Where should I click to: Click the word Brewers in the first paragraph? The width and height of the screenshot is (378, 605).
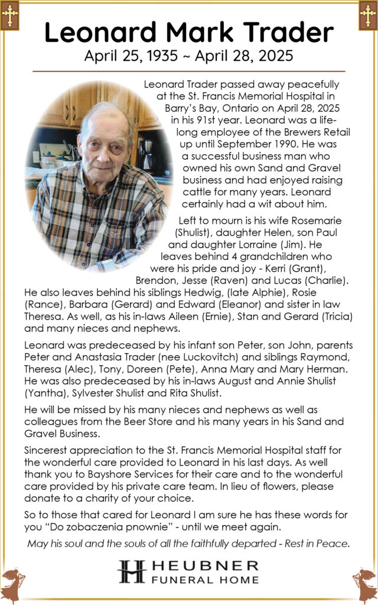[x=263, y=132]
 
